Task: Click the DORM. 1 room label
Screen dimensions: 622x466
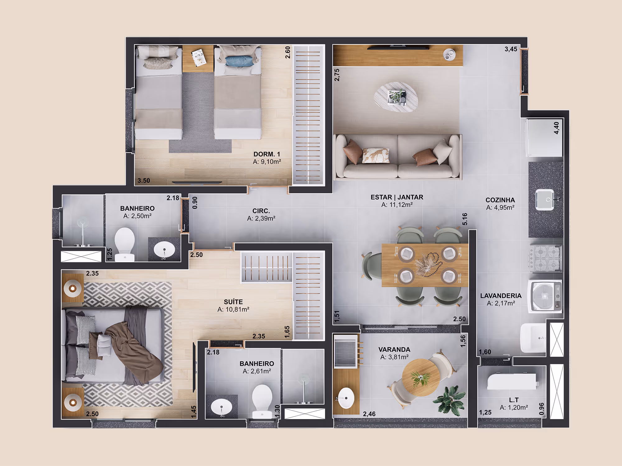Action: click(x=267, y=154)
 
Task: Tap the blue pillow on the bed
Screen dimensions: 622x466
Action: click(x=239, y=61)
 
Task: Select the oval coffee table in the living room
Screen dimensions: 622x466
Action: click(x=396, y=97)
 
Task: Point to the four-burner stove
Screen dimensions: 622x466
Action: click(x=545, y=258)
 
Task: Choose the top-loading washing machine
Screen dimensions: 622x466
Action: click(x=545, y=296)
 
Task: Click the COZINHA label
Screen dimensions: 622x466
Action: click(x=500, y=200)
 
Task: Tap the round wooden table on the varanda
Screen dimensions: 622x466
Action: click(x=421, y=377)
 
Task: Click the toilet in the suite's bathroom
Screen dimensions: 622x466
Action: click(x=262, y=401)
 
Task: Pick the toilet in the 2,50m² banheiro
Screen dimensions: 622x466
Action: click(x=124, y=244)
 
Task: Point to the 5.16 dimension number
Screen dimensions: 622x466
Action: click(x=465, y=219)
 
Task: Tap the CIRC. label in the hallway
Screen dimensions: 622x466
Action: click(x=261, y=211)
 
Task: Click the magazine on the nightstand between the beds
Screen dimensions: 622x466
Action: click(x=199, y=57)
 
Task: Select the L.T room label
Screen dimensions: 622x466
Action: click(x=514, y=400)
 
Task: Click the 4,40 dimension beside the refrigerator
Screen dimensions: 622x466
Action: click(x=556, y=128)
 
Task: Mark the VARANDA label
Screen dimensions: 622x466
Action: click(x=394, y=349)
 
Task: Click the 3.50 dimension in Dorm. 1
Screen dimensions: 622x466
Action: click(x=144, y=180)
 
